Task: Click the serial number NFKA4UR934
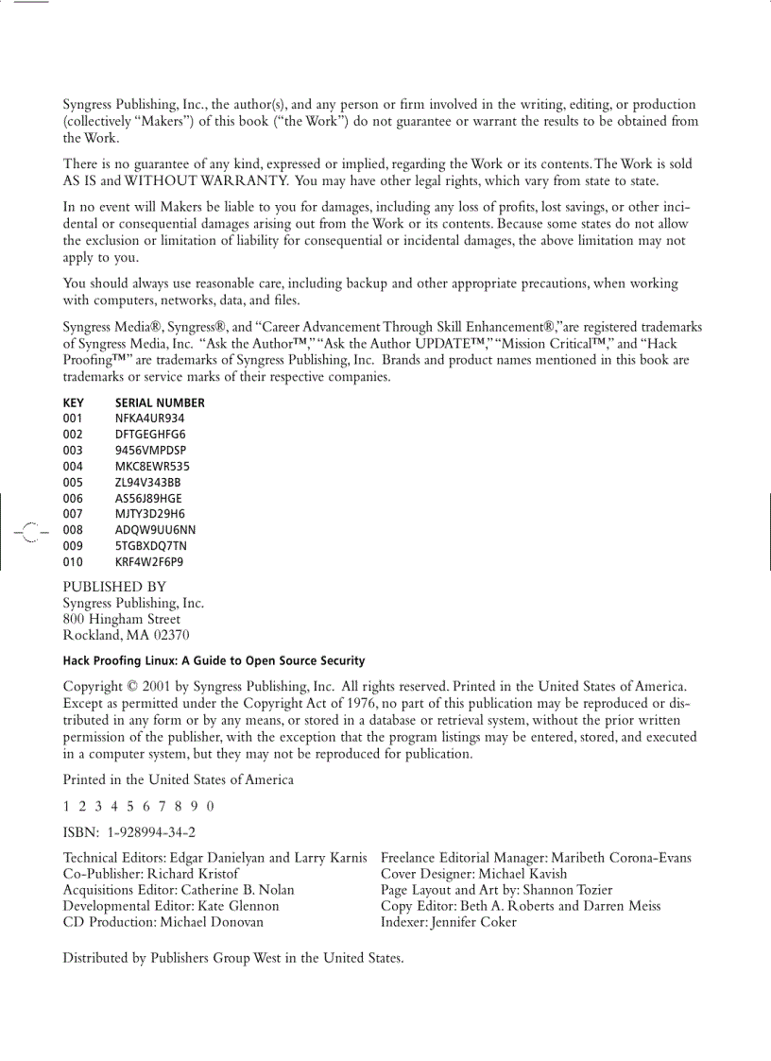(149, 418)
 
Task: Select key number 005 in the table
(73, 482)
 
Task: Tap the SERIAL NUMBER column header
(160, 402)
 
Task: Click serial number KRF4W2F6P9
(149, 562)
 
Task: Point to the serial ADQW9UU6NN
(155, 530)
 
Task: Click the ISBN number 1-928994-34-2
(152, 832)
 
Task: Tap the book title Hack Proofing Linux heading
(214, 661)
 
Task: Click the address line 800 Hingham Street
(122, 620)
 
